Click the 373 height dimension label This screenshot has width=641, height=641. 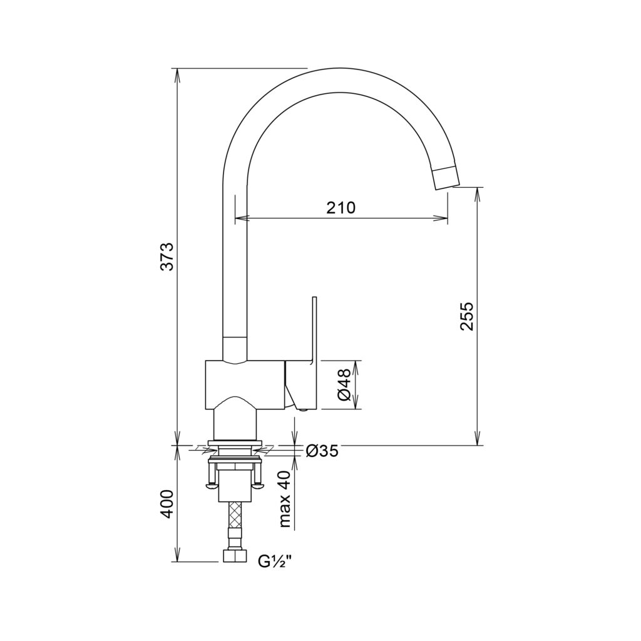tap(168, 256)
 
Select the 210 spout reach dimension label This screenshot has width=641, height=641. tap(341, 208)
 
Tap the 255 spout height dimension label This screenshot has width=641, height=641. tap(466, 316)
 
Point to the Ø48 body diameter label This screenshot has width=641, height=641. tap(344, 384)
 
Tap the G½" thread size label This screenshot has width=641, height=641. tap(275, 562)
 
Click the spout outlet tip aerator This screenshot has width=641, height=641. tap(446, 178)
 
